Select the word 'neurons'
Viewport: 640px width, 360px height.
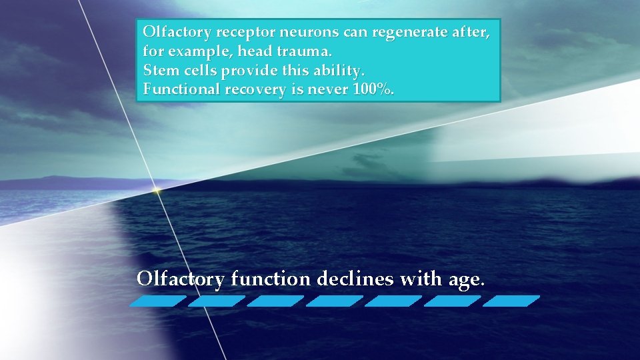tap(301, 32)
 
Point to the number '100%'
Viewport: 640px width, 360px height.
tap(371, 89)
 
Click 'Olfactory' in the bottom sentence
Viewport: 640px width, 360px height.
tap(180, 279)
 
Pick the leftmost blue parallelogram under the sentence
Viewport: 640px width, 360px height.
tap(158, 301)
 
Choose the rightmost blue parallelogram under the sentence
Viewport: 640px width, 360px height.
tap(511, 301)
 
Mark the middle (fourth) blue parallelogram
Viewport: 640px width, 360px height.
tap(335, 301)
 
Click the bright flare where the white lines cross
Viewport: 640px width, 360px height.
tap(157, 191)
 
